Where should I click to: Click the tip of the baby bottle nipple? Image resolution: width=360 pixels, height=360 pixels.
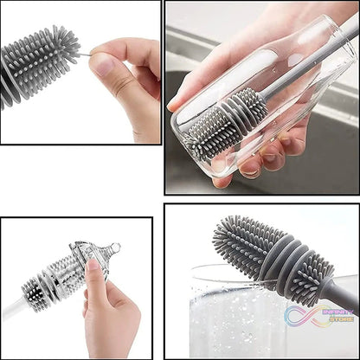point(114,249)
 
